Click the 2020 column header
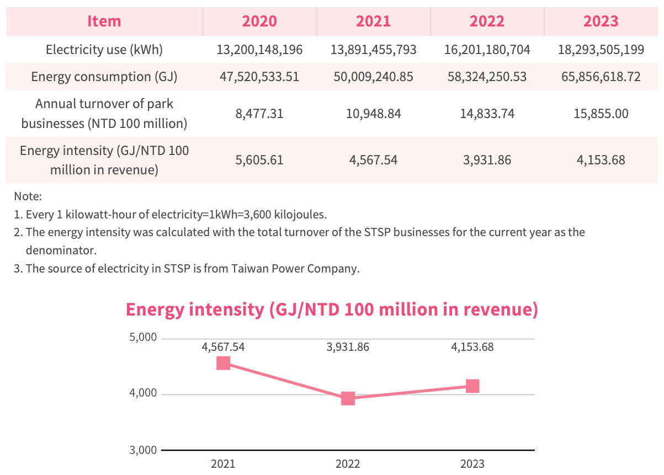(x=259, y=22)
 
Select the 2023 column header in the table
(x=601, y=22)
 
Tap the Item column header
(x=104, y=22)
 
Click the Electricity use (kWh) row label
(x=104, y=50)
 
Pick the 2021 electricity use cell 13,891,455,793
(x=373, y=50)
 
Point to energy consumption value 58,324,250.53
(x=487, y=77)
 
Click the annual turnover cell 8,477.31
(x=259, y=114)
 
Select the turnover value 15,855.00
(x=601, y=114)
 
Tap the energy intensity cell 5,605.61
(x=259, y=160)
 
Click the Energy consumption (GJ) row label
(x=104, y=77)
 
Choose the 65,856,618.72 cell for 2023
(x=601, y=77)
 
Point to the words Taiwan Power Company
(x=295, y=269)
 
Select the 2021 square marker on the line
(x=223, y=364)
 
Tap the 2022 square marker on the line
(x=348, y=398)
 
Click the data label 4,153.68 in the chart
(x=472, y=347)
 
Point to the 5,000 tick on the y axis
(x=143, y=337)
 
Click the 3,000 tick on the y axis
(x=143, y=450)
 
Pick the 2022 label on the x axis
(x=348, y=464)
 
